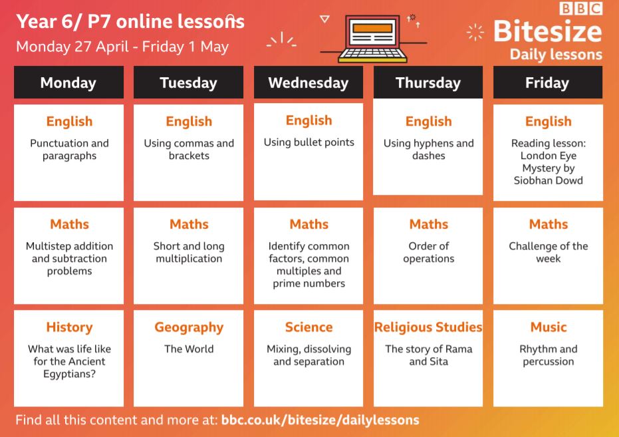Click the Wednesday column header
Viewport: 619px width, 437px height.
309,82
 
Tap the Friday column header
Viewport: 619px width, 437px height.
548,82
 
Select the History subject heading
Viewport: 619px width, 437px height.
69,327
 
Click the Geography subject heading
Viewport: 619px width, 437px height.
189,327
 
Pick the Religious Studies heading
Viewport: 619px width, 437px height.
428,327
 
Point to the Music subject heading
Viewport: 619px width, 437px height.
549,327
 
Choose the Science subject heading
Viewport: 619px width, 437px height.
309,327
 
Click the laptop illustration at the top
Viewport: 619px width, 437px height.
372,39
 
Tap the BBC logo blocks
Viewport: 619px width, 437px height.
580,9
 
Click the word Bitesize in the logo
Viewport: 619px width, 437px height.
548,31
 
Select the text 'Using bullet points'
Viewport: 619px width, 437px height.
309,142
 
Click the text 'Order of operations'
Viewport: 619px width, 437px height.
429,252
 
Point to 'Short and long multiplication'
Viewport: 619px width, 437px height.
189,252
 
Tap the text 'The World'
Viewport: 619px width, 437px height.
189,349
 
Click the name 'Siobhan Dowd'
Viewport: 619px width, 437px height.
549,180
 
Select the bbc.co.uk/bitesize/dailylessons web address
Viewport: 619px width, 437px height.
320,420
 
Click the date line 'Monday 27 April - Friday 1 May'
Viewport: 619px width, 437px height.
122,47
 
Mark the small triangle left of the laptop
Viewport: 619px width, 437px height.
324,19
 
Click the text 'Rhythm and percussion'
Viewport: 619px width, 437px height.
549,355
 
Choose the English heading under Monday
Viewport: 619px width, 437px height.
69,122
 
